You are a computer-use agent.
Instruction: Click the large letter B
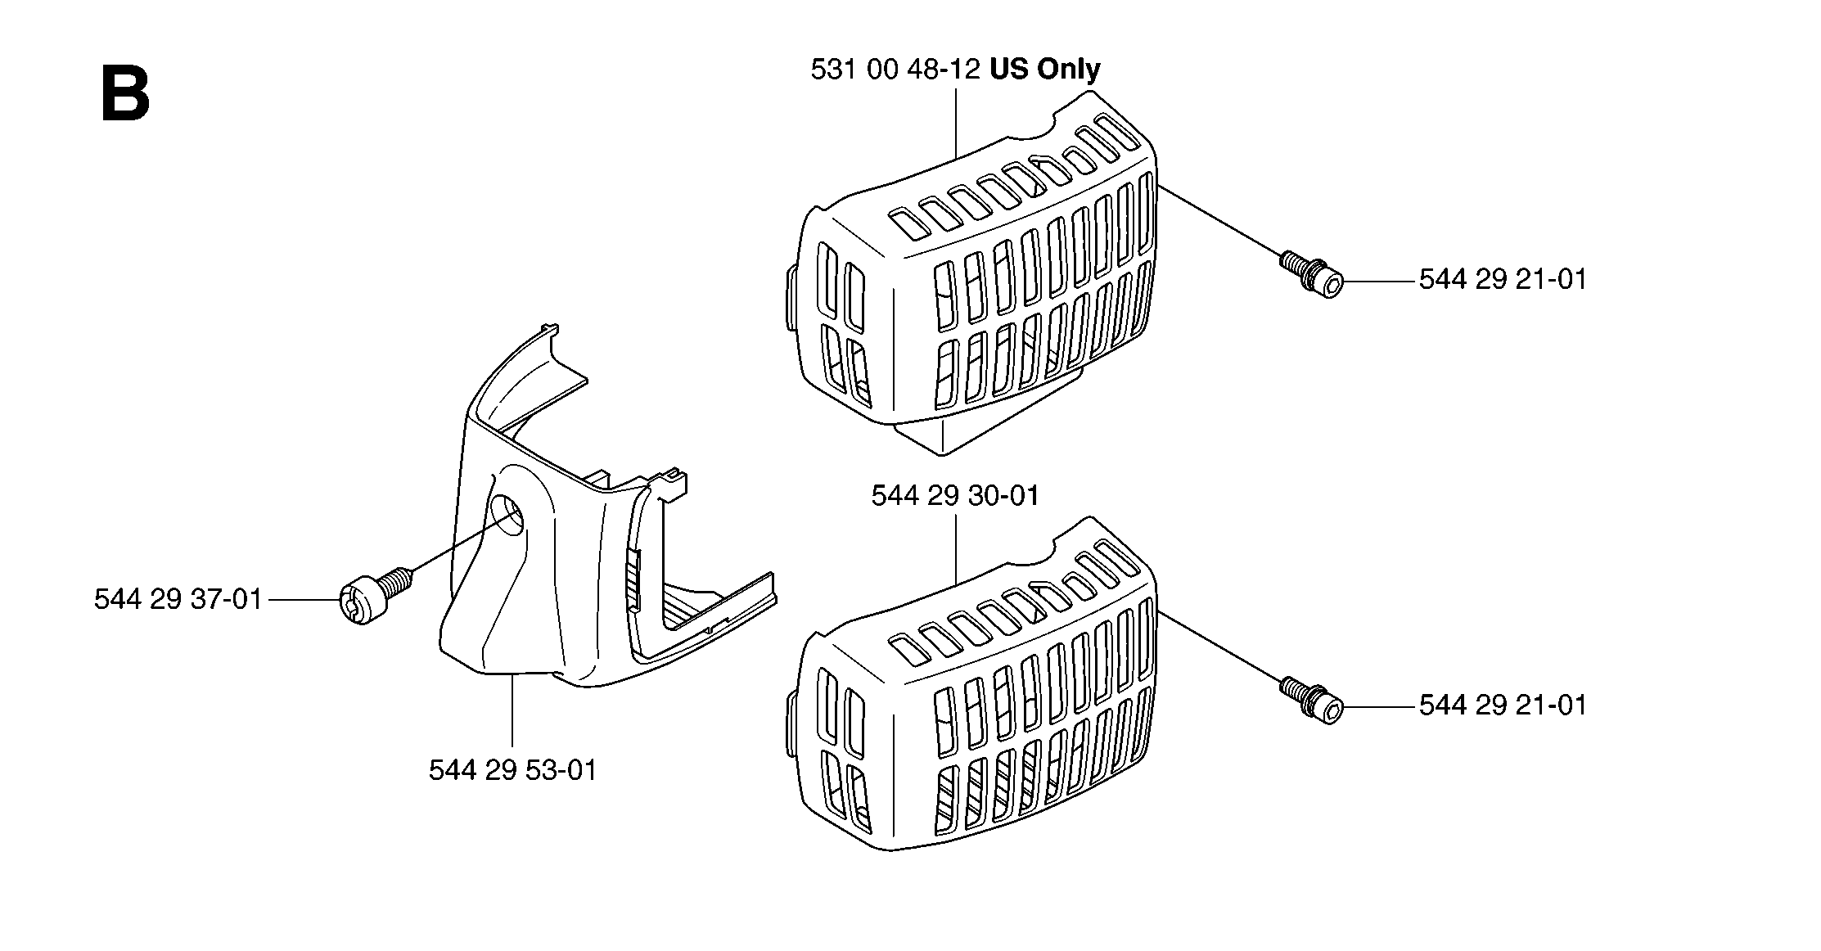click(125, 95)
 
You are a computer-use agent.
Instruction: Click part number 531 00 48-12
click(895, 70)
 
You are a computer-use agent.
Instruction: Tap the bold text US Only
click(1045, 70)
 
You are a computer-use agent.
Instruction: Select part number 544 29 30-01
click(955, 496)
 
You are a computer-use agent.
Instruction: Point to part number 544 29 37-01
click(178, 600)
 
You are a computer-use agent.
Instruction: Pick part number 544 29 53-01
click(513, 770)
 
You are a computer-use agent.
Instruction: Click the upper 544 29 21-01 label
click(1503, 280)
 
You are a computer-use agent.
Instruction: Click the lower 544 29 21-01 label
click(1503, 705)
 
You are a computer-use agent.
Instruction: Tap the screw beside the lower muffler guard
click(1311, 700)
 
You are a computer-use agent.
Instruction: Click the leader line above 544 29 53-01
click(512, 714)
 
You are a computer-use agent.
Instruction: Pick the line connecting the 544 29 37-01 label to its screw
click(304, 600)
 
